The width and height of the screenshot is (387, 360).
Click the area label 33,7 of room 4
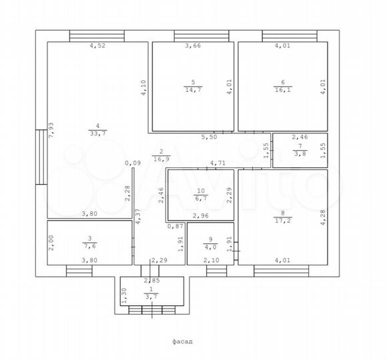(97, 133)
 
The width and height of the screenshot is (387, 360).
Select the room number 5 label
(193, 82)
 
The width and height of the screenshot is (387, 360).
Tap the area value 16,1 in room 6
(283, 89)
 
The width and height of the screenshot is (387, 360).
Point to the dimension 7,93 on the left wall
(51, 130)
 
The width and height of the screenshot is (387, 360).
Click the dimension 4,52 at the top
(97, 45)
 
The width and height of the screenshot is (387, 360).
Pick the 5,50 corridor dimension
(209, 137)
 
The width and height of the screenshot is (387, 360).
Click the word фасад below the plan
(182, 341)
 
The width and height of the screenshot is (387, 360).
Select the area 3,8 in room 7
(300, 153)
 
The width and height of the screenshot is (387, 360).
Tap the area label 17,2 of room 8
(283, 220)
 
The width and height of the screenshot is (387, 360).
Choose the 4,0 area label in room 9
(210, 247)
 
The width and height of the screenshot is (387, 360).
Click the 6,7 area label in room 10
(201, 198)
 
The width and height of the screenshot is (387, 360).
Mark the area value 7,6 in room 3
(90, 246)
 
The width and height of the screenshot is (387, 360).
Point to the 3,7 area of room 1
(151, 297)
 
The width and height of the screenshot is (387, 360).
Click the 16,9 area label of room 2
(161, 159)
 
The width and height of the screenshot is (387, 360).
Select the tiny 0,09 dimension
(133, 163)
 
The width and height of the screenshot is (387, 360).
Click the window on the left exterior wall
(41, 157)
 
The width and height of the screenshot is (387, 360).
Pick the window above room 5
(202, 36)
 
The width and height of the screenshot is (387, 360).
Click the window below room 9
(216, 271)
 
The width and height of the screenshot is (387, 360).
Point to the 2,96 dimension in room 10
(201, 216)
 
